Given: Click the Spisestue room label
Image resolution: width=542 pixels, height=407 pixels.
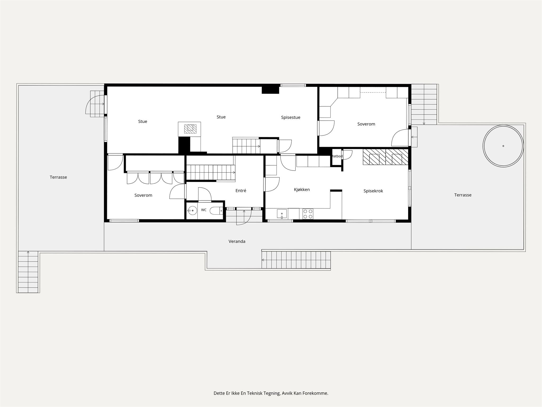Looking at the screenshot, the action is [291, 117].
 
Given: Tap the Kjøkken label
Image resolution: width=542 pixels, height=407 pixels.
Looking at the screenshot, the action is [302, 189].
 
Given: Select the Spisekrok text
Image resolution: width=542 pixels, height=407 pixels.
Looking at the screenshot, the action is [373, 191].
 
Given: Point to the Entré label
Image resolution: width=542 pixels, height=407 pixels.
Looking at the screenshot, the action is [241, 191].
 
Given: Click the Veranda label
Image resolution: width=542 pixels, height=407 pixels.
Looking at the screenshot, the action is [237, 241].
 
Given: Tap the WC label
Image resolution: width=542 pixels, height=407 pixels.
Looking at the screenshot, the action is [204, 210].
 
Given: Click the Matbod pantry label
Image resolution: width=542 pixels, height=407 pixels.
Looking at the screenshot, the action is [337, 156].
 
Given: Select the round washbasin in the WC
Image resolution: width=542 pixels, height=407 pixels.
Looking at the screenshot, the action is [192, 211].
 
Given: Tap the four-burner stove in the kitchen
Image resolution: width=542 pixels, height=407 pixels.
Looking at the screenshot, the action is [308, 214].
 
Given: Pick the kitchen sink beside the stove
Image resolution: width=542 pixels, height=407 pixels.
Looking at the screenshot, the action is [282, 214].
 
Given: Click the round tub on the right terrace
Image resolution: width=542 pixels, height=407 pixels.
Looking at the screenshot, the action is [503, 146].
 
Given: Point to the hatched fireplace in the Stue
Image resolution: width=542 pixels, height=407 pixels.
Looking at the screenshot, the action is [190, 129].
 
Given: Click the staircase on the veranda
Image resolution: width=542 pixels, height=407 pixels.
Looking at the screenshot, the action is [296, 260].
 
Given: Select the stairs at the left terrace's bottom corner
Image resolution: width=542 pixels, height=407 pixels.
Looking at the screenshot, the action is [28, 272].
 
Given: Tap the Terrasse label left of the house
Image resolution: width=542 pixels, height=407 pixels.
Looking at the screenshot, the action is [58, 177].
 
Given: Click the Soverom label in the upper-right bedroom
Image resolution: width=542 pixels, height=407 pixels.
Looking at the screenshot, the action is [366, 124].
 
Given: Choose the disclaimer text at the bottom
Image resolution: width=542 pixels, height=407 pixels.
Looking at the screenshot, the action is [271, 393].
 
